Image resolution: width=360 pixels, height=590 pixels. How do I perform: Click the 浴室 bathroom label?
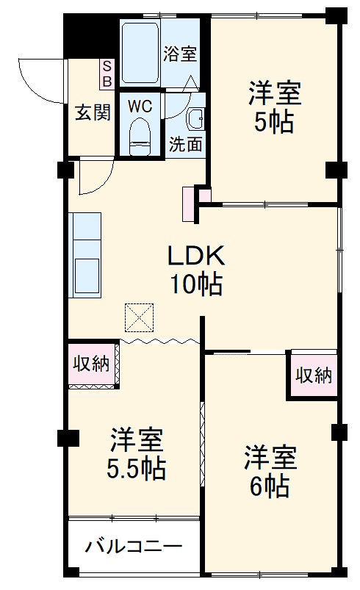point(181,53)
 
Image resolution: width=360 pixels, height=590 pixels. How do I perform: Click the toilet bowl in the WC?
point(140,136)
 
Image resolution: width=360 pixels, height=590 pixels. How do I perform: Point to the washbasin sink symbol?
point(196,118)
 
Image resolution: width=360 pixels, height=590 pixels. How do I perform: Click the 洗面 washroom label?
point(185,145)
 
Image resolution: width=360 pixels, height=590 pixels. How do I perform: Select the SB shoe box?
point(107,72)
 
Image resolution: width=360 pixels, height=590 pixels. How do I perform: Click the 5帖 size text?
point(274,122)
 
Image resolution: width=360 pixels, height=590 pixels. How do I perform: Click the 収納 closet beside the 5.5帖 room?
point(92,363)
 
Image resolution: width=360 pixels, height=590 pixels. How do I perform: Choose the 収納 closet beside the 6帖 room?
point(314,375)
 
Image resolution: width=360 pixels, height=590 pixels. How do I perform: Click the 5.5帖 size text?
point(137,467)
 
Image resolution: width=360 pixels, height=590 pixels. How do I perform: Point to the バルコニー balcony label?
point(133,547)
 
